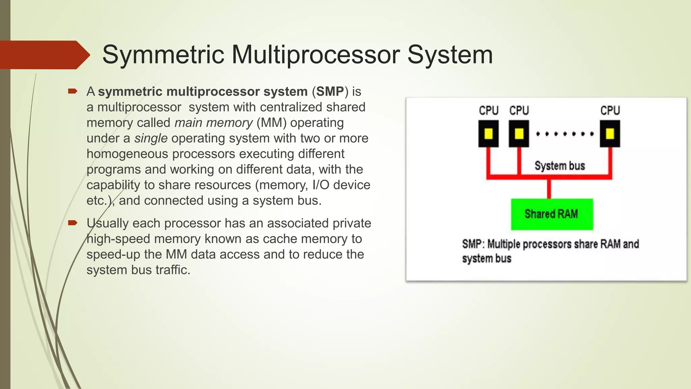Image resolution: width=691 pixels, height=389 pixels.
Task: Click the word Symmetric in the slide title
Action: tap(163, 55)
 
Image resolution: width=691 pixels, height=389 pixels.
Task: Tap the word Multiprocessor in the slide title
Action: tap(316, 55)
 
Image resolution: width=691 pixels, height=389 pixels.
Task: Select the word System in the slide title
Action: tap(450, 55)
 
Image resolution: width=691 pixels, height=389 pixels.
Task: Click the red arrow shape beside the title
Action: tap(44, 55)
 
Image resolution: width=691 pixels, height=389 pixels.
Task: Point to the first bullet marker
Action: tap(73, 91)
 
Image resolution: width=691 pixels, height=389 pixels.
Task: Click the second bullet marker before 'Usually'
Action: tap(73, 223)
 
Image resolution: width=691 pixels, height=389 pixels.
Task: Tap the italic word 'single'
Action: tap(151, 138)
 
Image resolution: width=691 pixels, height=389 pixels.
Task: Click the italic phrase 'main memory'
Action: tap(213, 123)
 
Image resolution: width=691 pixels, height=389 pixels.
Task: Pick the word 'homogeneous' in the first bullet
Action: tap(127, 154)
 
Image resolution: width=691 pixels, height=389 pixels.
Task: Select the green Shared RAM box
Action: tap(552, 214)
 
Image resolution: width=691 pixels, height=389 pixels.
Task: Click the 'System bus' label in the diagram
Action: tap(560, 166)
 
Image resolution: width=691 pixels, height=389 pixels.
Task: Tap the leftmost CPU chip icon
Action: tap(489, 134)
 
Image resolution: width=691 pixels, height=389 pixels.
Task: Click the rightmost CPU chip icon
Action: tap(610, 134)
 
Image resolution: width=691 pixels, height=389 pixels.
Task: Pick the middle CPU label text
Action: tap(519, 110)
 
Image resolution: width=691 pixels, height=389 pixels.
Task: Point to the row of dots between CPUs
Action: tap(564, 134)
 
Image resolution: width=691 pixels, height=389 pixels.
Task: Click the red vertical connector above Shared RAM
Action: tap(549, 188)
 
